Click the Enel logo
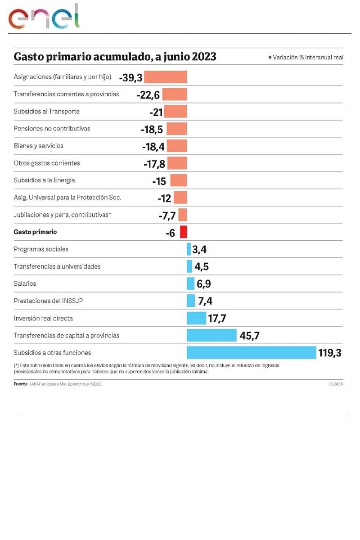[x=44, y=18]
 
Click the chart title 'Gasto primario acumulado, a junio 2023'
[x=115, y=57]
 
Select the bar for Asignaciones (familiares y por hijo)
[x=165, y=77]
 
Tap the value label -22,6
[x=148, y=94]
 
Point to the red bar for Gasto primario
[x=184, y=232]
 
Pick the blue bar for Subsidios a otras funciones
[x=251, y=352]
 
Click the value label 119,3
[x=330, y=353]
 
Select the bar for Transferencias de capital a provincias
[x=211, y=335]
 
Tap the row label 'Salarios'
[x=25, y=284]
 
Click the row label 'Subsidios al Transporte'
[x=46, y=112]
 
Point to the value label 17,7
[x=217, y=319]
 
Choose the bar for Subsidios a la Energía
[x=179, y=180]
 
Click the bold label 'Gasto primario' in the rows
[x=35, y=232]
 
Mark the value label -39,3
[x=130, y=78]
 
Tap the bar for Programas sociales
[x=189, y=249]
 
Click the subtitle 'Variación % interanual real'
[x=308, y=58]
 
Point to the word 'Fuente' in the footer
[x=21, y=384]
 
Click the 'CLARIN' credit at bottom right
[x=336, y=384]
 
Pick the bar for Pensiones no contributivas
[x=177, y=129]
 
